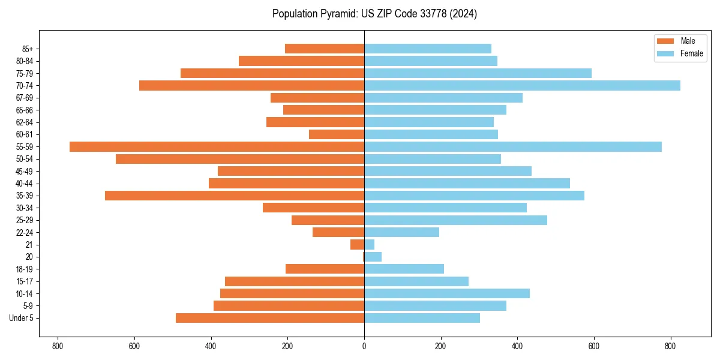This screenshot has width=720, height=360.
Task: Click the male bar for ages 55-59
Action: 217,146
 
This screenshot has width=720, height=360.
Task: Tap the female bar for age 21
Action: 370,244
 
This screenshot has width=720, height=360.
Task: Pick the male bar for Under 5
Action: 270,318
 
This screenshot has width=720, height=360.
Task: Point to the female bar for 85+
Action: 428,49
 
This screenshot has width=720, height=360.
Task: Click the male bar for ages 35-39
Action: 235,196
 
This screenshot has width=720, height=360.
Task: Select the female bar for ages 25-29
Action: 455,220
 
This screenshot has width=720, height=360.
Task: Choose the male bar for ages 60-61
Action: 337,134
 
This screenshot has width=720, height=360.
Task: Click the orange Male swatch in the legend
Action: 665,41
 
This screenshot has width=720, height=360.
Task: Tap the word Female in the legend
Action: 691,53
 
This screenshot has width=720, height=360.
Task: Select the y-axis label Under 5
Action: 22,318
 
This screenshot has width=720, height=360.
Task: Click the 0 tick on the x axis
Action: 364,346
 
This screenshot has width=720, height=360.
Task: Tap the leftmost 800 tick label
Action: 58,346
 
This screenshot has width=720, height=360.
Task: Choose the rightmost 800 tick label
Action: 671,346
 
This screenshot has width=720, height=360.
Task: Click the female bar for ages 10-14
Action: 447,293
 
